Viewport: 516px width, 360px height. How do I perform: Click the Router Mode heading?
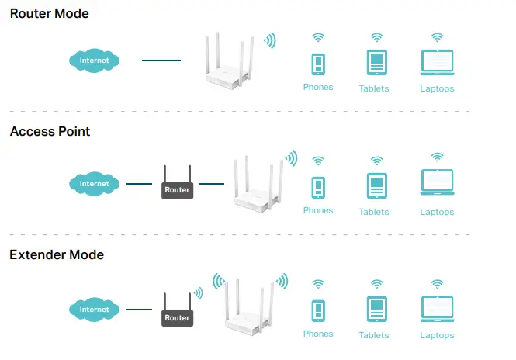pos(49,14)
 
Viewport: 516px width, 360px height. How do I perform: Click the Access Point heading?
pos(50,132)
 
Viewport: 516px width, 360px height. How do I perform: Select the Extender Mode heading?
pos(57,254)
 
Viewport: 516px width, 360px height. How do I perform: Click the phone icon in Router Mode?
pos(318,64)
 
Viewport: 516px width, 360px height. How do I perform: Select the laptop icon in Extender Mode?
pos(437,309)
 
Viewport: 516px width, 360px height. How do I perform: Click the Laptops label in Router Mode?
pos(437,88)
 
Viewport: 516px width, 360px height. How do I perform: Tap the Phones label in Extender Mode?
pos(318,334)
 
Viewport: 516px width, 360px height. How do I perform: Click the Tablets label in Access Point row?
pos(374,212)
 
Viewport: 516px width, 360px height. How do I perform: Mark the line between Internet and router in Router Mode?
pos(161,60)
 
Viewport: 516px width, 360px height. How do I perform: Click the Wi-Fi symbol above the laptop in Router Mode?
pos(437,37)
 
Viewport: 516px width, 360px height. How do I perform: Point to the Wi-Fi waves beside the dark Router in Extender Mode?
pos(199,293)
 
